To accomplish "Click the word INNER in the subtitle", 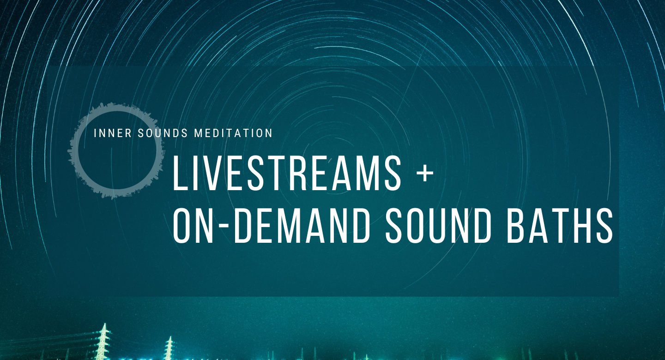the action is [x=113, y=133].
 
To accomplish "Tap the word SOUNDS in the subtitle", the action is [x=163, y=133].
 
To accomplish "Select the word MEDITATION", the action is [x=233, y=133].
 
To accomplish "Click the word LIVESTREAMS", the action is [x=287, y=173].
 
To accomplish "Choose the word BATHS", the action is [x=560, y=225].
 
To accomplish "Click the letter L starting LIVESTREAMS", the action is [x=181, y=173].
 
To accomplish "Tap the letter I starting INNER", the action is [x=95, y=133].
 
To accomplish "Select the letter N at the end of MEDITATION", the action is [x=268, y=133].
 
